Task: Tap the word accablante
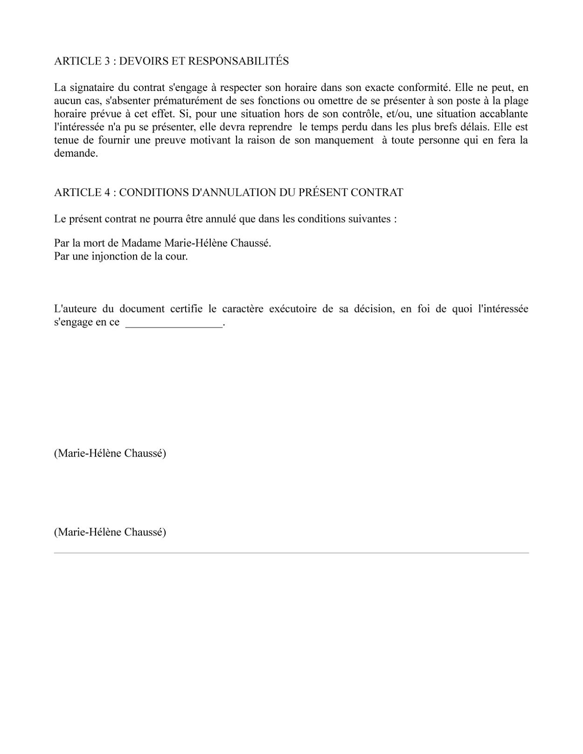click(506, 114)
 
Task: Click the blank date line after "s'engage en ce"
click(174, 325)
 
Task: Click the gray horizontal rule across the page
click(291, 553)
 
